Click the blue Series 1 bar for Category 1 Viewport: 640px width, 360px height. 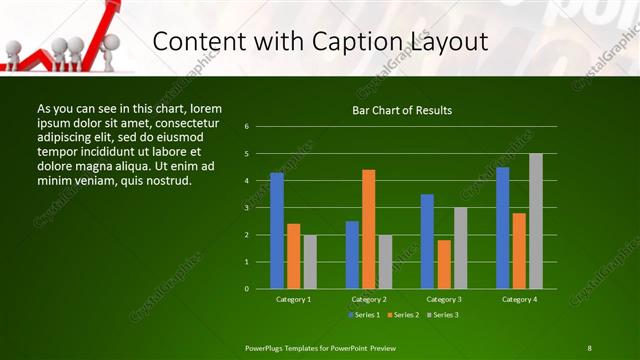point(277,231)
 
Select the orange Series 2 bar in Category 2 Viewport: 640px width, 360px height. point(368,229)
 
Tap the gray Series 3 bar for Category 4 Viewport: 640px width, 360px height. point(535,221)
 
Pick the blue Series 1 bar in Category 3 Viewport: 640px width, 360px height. point(427,241)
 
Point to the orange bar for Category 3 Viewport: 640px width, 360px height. point(443,264)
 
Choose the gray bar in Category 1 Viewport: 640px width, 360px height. point(309,262)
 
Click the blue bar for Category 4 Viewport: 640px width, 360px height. point(502,228)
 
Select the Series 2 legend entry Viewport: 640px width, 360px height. point(404,315)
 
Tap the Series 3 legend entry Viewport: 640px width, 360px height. point(444,315)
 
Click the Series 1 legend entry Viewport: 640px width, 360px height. point(364,315)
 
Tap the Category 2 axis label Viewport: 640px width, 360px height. point(368,299)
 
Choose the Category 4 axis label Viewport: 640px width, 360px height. point(518,299)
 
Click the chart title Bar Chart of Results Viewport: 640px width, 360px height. point(402,110)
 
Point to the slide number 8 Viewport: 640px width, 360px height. point(589,347)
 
